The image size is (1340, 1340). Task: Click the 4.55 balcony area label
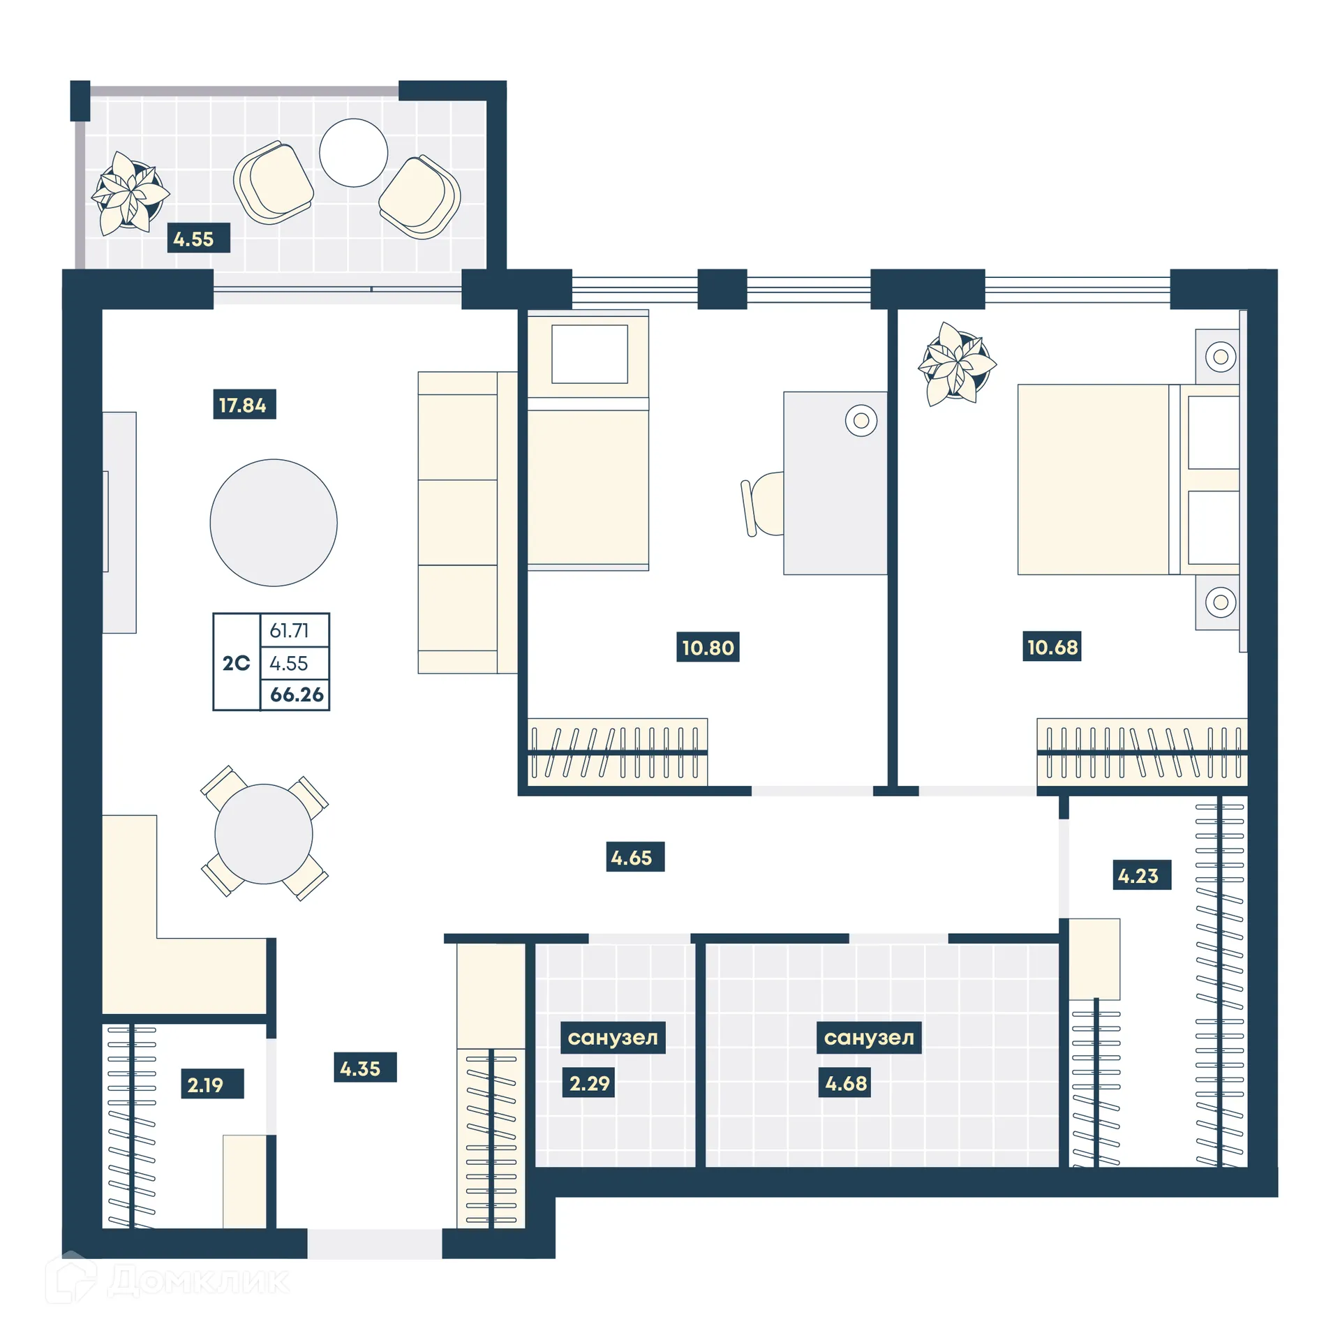(198, 238)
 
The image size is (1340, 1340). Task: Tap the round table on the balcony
(353, 152)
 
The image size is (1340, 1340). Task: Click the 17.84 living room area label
(244, 404)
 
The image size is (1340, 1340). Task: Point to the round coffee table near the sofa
(273, 522)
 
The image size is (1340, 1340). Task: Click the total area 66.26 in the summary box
(296, 694)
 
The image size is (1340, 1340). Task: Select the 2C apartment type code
(236, 662)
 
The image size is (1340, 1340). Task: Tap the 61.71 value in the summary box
(289, 630)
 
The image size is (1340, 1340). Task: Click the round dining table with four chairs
(263, 833)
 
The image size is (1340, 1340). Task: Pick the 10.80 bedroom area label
(707, 647)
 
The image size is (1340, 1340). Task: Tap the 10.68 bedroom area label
(1051, 646)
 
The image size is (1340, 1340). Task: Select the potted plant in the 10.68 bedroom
(955, 363)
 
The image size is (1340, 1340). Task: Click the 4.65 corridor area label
(634, 856)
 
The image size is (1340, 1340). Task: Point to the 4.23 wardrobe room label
(1140, 874)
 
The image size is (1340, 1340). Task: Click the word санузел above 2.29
(612, 1037)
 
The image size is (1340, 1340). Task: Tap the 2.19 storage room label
(211, 1084)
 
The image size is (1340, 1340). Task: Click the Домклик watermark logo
(167, 1280)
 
